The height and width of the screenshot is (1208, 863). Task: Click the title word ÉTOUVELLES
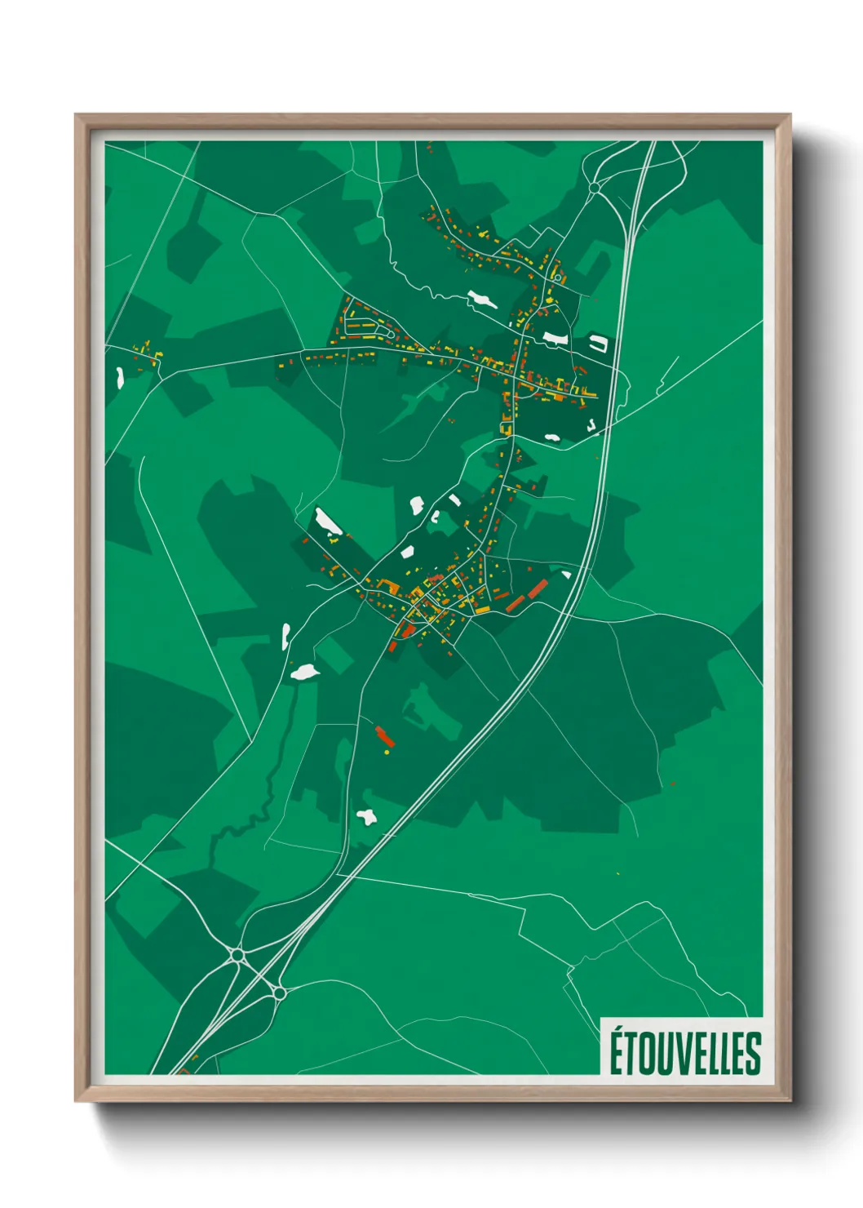tap(685, 1053)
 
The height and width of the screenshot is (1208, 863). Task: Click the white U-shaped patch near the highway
tap(600, 344)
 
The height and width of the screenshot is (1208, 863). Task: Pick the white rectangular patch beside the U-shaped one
tap(555, 337)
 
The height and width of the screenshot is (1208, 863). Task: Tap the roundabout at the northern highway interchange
tap(594, 188)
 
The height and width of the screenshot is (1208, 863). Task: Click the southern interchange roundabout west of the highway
tap(237, 953)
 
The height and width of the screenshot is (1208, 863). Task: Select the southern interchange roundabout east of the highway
tap(279, 993)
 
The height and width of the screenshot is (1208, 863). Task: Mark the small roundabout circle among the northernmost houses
tap(558, 278)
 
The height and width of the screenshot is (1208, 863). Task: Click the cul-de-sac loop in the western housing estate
tap(390, 333)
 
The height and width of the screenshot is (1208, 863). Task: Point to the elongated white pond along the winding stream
tap(481, 300)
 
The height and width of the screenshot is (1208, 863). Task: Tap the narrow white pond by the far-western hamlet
tap(120, 376)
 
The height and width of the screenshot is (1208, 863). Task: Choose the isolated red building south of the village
tap(384, 737)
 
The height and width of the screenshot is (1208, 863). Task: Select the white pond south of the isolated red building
tap(366, 816)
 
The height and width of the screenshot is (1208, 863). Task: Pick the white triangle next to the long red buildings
tap(566, 575)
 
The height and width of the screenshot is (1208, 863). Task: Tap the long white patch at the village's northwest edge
tap(328, 522)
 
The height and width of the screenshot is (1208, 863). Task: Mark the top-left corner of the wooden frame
tap(76, 115)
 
